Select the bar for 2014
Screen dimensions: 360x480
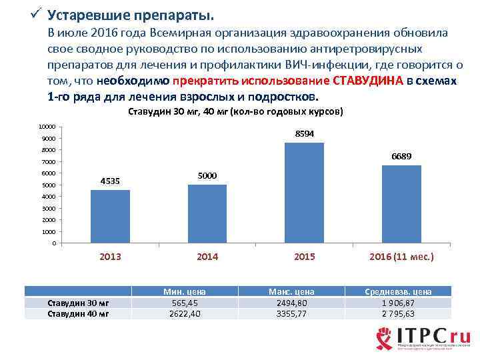pos(207,213)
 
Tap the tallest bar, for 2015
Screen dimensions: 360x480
pos(304,193)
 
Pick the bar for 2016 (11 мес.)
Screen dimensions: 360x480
pos(401,204)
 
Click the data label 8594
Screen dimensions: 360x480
pos(304,134)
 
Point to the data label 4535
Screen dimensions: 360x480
pos(110,181)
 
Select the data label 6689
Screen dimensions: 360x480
pos(401,157)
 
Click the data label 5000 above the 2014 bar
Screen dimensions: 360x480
pos(207,175)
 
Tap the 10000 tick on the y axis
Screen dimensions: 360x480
pos(47,127)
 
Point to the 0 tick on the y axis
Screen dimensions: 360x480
pos(54,243)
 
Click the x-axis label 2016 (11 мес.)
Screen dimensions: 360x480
pos(401,257)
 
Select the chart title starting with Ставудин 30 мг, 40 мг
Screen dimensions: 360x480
pos(235,112)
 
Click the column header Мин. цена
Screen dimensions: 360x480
pos(185,291)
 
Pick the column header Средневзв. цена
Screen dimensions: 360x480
pos(399,291)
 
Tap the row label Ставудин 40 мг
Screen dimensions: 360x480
pos(79,314)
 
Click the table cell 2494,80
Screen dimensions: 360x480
pos(291,303)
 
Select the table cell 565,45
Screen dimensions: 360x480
pos(185,303)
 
